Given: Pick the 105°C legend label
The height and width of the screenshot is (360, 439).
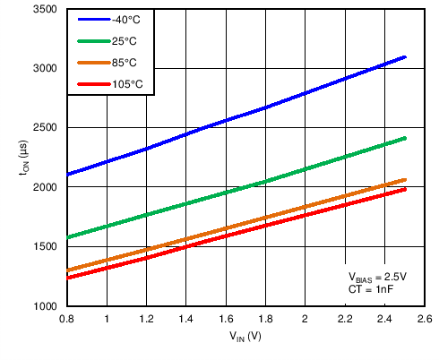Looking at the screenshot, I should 127,84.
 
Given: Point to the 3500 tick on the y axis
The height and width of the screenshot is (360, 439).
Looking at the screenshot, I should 45,10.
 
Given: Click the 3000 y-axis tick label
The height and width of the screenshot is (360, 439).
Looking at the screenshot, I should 45,69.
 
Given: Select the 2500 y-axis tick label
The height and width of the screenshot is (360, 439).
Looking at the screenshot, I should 45,128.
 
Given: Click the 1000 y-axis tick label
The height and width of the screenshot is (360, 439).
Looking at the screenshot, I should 45,306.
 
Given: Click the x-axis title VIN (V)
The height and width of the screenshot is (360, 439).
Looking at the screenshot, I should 245,339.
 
